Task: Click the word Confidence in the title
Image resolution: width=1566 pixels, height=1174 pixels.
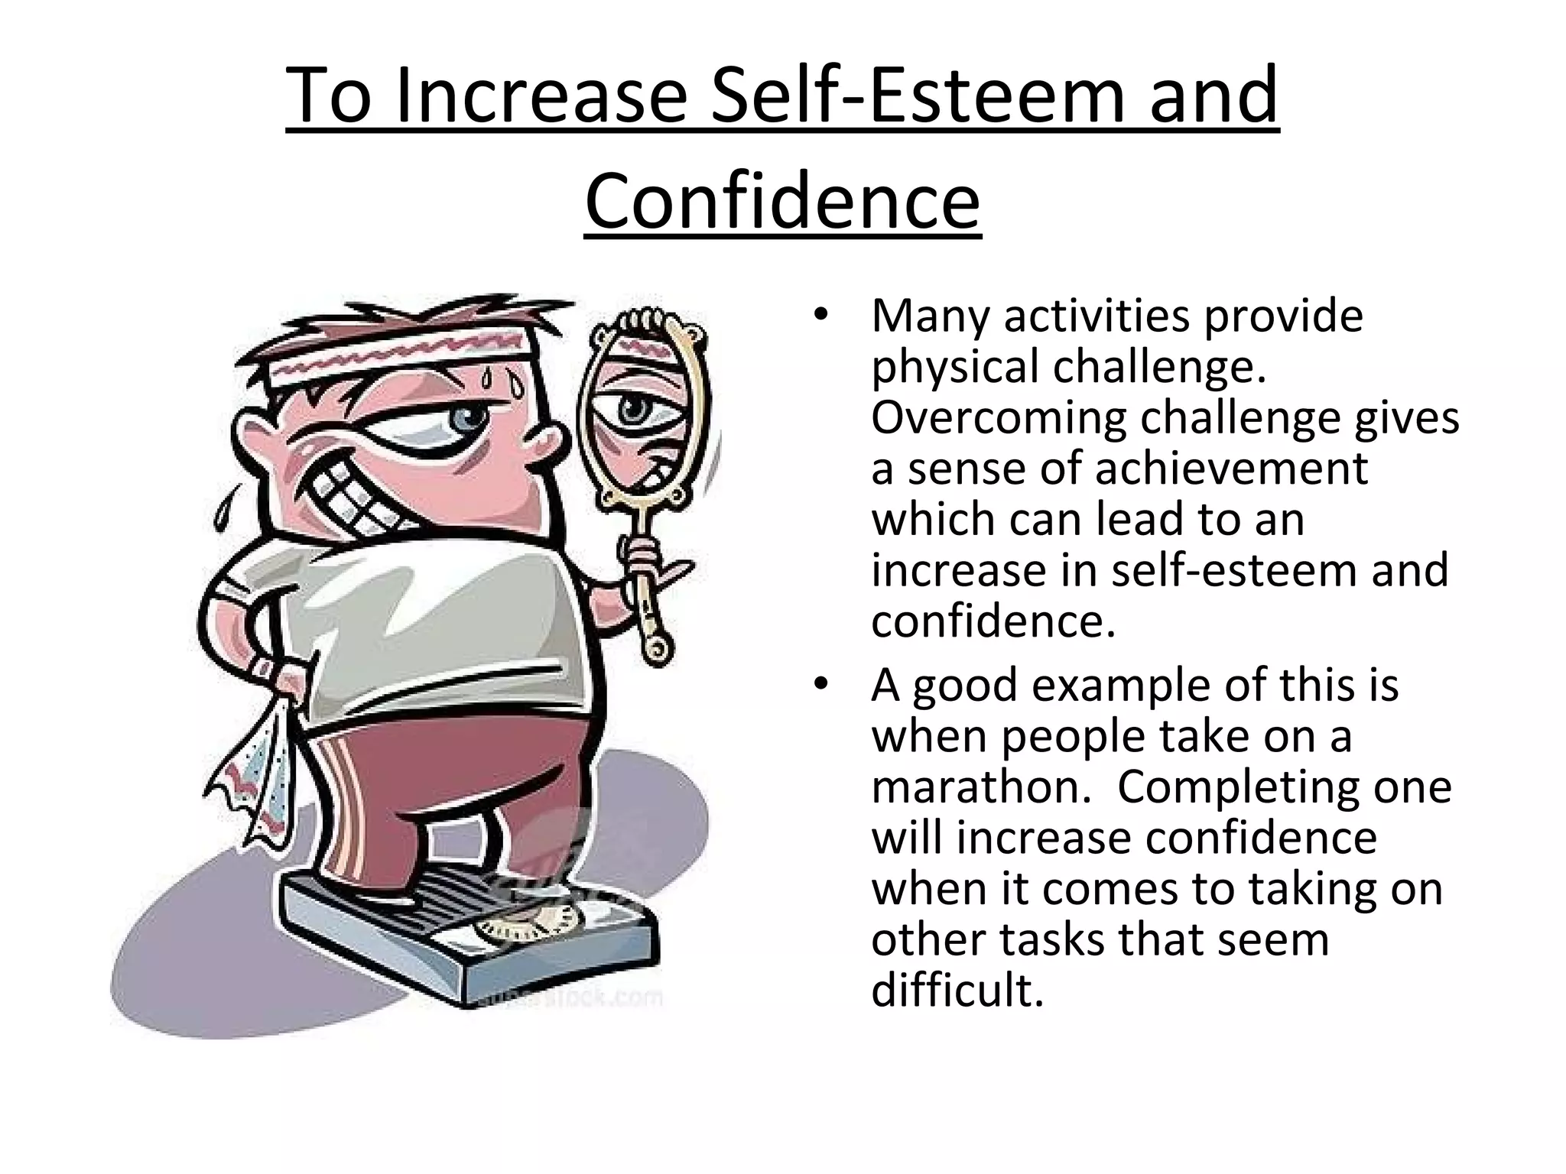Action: (x=782, y=200)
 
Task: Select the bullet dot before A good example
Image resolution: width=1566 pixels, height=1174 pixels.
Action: (x=820, y=684)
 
